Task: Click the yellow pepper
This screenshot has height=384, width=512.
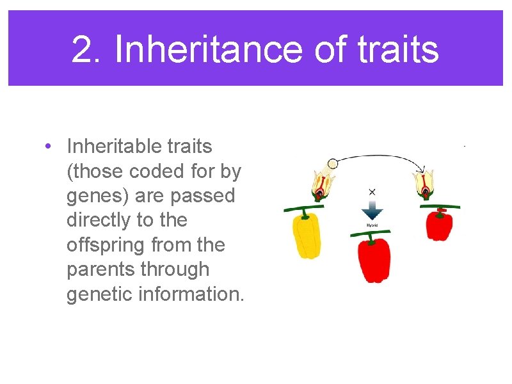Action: (306, 236)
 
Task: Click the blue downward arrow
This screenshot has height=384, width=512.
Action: (372, 211)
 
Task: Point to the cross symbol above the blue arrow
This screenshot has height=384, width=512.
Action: (372, 191)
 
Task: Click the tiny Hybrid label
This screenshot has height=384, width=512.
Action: (372, 225)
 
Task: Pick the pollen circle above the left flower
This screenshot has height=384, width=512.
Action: (332, 163)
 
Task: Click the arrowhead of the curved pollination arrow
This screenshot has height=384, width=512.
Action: (422, 170)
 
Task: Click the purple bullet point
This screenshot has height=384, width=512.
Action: (49, 147)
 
